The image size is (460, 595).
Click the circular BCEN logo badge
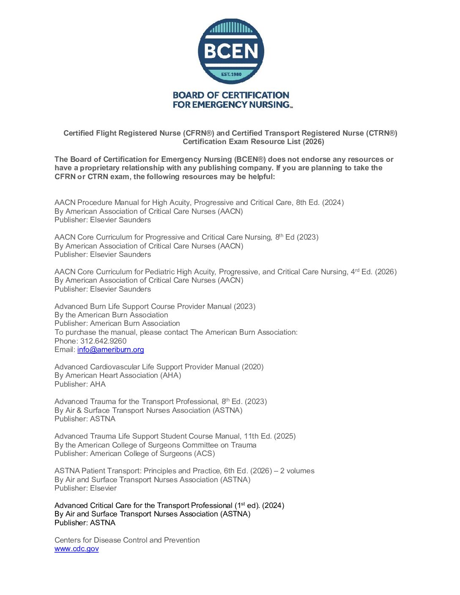tap(231, 51)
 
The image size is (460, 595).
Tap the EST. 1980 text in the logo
tap(231, 74)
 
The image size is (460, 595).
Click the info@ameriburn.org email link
tap(110, 349)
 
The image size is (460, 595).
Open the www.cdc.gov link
tap(77, 549)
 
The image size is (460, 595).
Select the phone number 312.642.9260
tap(103, 341)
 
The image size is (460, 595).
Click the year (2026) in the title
tap(313, 142)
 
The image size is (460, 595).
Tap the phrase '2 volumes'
tap(297, 471)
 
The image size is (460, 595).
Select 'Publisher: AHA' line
tap(80, 384)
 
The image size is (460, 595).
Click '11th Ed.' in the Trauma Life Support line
tap(257, 436)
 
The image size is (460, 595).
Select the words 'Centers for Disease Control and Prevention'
tap(127, 540)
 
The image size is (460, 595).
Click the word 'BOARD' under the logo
tap(189, 96)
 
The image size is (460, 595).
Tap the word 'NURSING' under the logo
tap(268, 104)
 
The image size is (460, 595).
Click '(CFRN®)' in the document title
tap(199, 133)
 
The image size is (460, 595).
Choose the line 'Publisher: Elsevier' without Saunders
tap(85, 488)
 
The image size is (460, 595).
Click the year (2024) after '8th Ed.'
tap(333, 202)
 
